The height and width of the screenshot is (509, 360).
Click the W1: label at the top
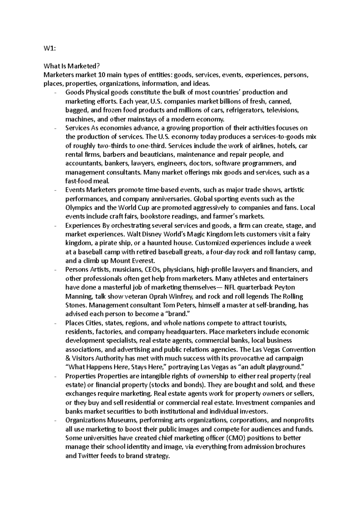pyautogui.click(x=49, y=49)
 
